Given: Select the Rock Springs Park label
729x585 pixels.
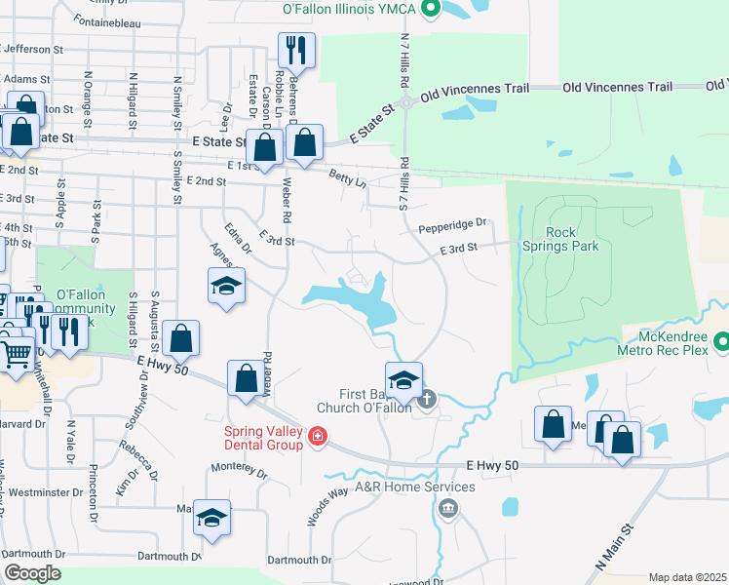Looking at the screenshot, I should click(x=572, y=239).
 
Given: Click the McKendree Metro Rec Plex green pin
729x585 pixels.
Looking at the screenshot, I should click(x=722, y=343).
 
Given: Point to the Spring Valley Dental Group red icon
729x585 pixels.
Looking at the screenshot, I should click(x=317, y=436).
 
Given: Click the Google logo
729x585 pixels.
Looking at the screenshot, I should click(x=31, y=573).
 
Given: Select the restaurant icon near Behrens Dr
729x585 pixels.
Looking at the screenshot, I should click(x=297, y=50).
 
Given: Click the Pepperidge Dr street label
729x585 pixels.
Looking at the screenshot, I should click(x=451, y=229).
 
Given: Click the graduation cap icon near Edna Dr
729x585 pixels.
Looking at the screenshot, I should click(x=226, y=286).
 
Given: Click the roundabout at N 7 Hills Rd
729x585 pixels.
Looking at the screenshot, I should click(x=407, y=103).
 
